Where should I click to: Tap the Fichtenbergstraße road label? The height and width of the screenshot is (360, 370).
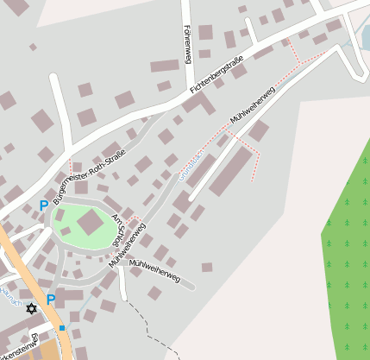click(216, 75)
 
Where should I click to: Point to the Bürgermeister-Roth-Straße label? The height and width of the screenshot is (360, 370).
click(89, 177)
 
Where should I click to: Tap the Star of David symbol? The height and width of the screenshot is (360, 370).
click(32, 308)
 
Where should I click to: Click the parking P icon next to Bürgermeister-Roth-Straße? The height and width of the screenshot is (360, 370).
click(43, 206)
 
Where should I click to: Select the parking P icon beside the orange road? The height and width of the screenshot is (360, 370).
click(50, 300)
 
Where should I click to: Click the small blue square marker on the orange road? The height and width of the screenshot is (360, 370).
click(62, 328)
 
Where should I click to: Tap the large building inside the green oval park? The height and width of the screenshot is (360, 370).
click(90, 224)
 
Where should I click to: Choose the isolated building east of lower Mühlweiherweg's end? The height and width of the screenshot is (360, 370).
click(207, 267)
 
